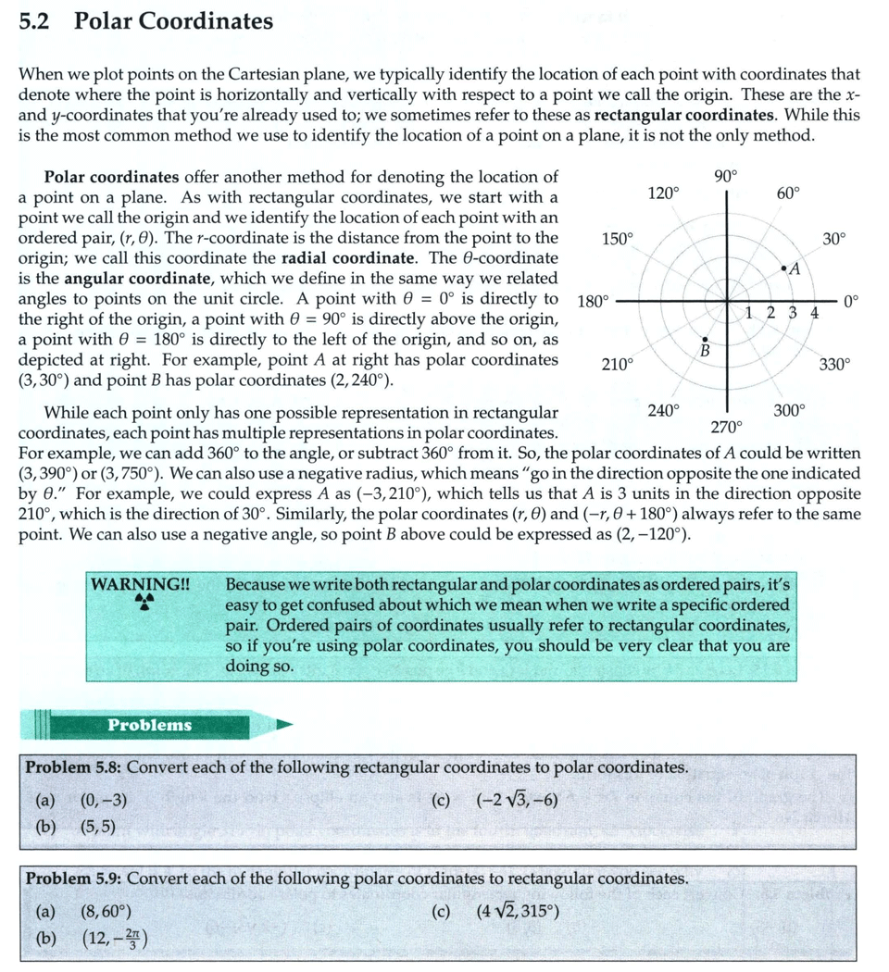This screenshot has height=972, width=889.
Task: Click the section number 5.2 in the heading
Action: click(x=33, y=21)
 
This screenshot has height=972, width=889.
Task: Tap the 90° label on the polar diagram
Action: click(x=726, y=177)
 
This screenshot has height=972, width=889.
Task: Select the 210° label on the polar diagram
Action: click(x=617, y=365)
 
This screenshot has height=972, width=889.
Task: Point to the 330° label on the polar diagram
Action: click(x=833, y=365)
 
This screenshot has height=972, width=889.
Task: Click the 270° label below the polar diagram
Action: click(x=726, y=427)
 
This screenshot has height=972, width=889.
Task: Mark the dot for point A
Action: click(x=783, y=269)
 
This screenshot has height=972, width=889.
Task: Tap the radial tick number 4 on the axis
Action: click(x=814, y=313)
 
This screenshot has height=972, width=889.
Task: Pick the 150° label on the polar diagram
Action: click(x=617, y=238)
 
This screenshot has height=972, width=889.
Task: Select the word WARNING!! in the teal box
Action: click(x=141, y=584)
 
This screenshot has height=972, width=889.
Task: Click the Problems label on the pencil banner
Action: click(x=149, y=725)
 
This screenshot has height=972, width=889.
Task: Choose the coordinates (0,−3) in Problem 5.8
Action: click(x=104, y=802)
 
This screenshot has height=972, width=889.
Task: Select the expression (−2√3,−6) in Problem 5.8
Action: click(x=517, y=802)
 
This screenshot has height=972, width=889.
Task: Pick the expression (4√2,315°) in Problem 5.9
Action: click(x=518, y=912)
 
